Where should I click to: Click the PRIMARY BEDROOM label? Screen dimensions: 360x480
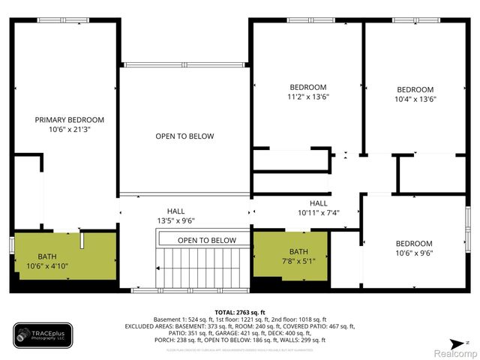70,120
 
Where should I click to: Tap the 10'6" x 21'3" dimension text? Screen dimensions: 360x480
70,130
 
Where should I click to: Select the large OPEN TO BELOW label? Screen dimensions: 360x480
184,136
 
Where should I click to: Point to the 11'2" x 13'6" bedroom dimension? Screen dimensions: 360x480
308,97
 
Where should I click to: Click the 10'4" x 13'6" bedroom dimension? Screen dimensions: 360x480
415,98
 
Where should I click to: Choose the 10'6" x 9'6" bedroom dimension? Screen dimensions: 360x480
414,253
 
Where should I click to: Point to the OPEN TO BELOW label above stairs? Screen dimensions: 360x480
207,240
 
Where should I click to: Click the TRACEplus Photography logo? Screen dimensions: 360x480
43,335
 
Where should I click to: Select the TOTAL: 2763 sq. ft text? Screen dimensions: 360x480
240,312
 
